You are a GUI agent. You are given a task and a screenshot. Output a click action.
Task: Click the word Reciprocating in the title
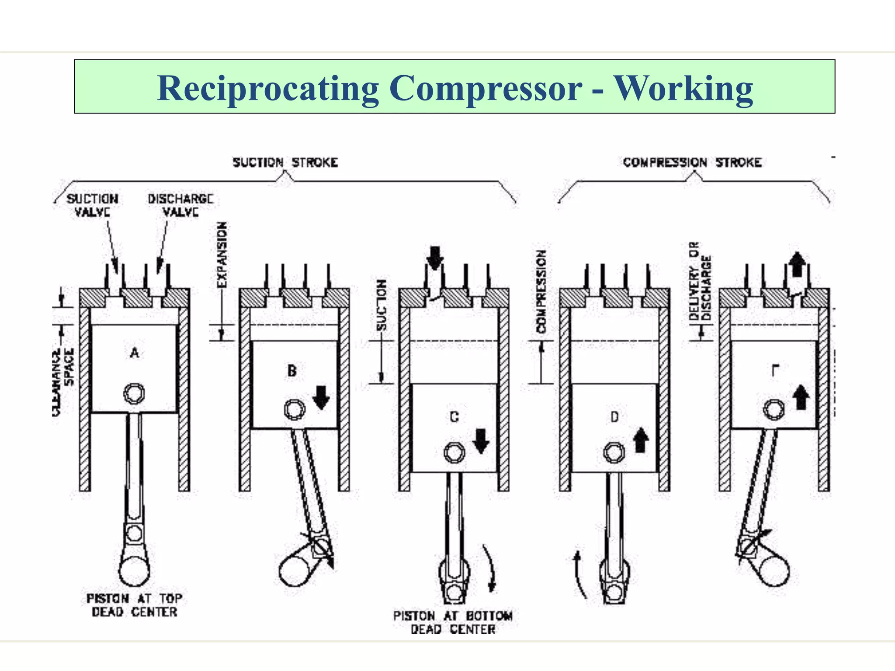[267, 89]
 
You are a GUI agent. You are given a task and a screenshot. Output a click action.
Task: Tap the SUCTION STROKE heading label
[285, 163]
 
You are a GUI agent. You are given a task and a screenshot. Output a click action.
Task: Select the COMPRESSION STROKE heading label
[692, 163]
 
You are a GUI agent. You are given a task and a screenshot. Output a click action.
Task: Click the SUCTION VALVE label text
[92, 205]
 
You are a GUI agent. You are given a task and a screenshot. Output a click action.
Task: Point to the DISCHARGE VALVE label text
[180, 205]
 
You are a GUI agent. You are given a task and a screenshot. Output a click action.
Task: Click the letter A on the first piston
[135, 353]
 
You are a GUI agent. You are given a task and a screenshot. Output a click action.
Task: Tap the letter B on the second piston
[292, 371]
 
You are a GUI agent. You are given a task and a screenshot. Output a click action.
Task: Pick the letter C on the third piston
[454, 417]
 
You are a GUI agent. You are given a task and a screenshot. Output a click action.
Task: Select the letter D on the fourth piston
[614, 417]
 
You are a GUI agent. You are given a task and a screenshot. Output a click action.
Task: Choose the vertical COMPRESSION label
[541, 291]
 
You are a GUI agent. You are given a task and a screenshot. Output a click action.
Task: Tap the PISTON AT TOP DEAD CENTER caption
[134, 605]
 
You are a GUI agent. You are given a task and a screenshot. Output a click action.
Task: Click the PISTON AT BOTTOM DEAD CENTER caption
[453, 623]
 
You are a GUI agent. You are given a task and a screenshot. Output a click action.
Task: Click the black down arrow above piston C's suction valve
[435, 258]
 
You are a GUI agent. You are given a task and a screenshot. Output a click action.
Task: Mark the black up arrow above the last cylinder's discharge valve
[797, 264]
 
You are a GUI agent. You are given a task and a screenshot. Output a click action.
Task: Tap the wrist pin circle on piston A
[134, 394]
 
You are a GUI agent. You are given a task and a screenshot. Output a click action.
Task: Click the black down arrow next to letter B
[322, 397]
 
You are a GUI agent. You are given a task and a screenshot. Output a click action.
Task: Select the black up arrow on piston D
[641, 439]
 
